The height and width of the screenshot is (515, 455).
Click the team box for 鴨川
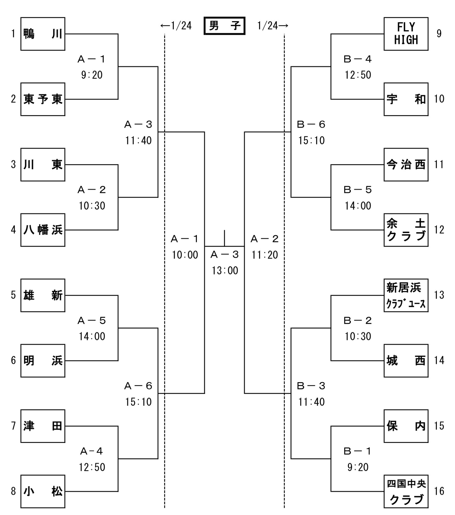tap(43, 34)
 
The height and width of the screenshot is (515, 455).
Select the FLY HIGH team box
tap(406, 34)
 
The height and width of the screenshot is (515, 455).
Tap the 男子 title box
tap(224, 26)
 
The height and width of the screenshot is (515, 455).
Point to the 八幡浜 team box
tap(43, 230)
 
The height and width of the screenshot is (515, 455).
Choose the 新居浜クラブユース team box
tap(406, 295)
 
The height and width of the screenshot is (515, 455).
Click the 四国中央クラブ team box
tap(406, 491)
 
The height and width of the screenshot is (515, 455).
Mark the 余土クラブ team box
tap(406, 230)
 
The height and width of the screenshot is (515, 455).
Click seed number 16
tap(439, 491)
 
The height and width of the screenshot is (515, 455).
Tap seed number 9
tap(439, 34)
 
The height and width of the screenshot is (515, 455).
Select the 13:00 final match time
tap(225, 270)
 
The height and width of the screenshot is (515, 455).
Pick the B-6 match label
tap(311, 125)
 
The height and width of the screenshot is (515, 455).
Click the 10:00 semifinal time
tap(185, 255)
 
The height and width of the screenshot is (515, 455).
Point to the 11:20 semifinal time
tap(265, 255)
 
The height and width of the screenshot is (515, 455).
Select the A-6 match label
tap(138, 386)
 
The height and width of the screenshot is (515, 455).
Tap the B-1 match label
tap(358, 451)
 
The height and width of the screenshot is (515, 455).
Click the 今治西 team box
tap(406, 164)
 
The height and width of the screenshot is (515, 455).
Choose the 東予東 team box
tap(43, 99)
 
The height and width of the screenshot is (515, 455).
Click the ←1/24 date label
tap(176, 26)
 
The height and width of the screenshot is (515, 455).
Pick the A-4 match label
tap(92, 451)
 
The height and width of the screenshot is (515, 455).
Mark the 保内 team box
tap(406, 426)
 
